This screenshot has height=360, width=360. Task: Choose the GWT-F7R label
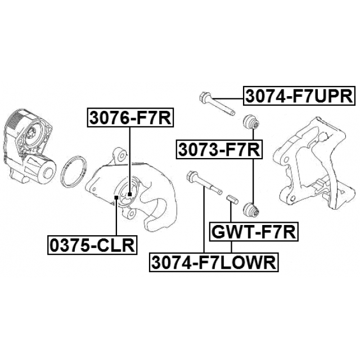pos(253,231)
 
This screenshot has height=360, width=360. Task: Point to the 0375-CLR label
pos(92,245)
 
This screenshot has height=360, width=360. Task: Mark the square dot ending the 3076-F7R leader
pos(129,195)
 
